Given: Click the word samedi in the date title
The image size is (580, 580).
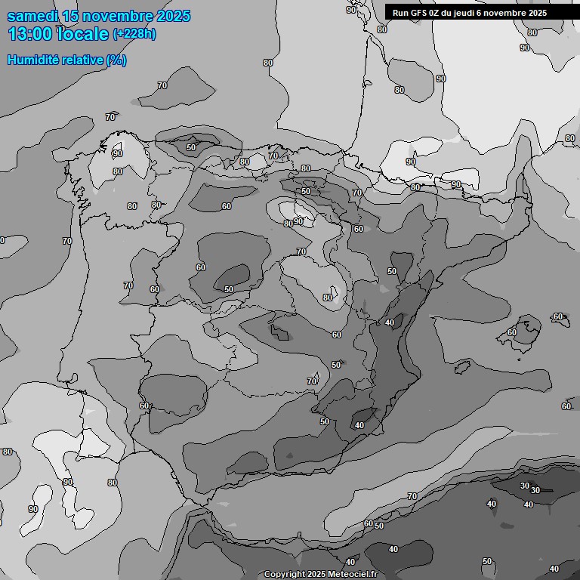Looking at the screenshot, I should point(32,17).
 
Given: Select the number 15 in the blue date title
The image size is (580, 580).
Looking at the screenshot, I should point(70,17).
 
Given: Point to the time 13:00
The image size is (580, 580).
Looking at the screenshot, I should point(31,34).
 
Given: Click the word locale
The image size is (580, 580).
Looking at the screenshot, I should point(84,34).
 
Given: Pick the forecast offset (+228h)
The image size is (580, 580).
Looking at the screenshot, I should point(134,34).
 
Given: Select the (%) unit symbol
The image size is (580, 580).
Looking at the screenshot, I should point(116,60).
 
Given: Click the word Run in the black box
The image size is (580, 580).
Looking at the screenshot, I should point(400,13).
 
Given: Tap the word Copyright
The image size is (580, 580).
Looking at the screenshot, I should point(285,575).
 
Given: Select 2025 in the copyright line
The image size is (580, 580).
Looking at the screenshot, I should point(316,575).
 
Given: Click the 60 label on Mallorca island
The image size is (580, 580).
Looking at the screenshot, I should point(512,332).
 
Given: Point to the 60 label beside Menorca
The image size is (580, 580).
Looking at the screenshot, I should point(558,317).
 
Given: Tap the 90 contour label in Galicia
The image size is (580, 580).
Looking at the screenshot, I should point(117,154).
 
